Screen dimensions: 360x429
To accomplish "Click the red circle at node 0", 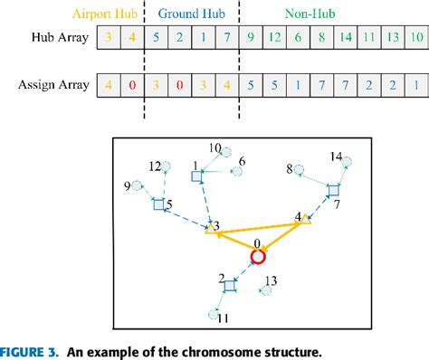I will pos(258,257).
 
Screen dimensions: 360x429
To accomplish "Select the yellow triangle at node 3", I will pos(210,230).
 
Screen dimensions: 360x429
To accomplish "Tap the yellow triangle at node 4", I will pos(308,218).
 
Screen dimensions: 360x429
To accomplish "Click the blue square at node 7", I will pos(333,190).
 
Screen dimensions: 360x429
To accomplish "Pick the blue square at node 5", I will pos(158,205).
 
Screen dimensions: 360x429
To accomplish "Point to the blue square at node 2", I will pos(229,286).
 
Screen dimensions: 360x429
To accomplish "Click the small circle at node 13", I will pos(268,291).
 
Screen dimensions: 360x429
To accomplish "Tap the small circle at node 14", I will pos(346,164).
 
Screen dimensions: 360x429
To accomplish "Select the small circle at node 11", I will pos(214,314).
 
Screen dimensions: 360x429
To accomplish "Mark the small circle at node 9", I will pos(137,186).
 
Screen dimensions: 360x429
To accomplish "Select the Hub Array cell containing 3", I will pos(108,39).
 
